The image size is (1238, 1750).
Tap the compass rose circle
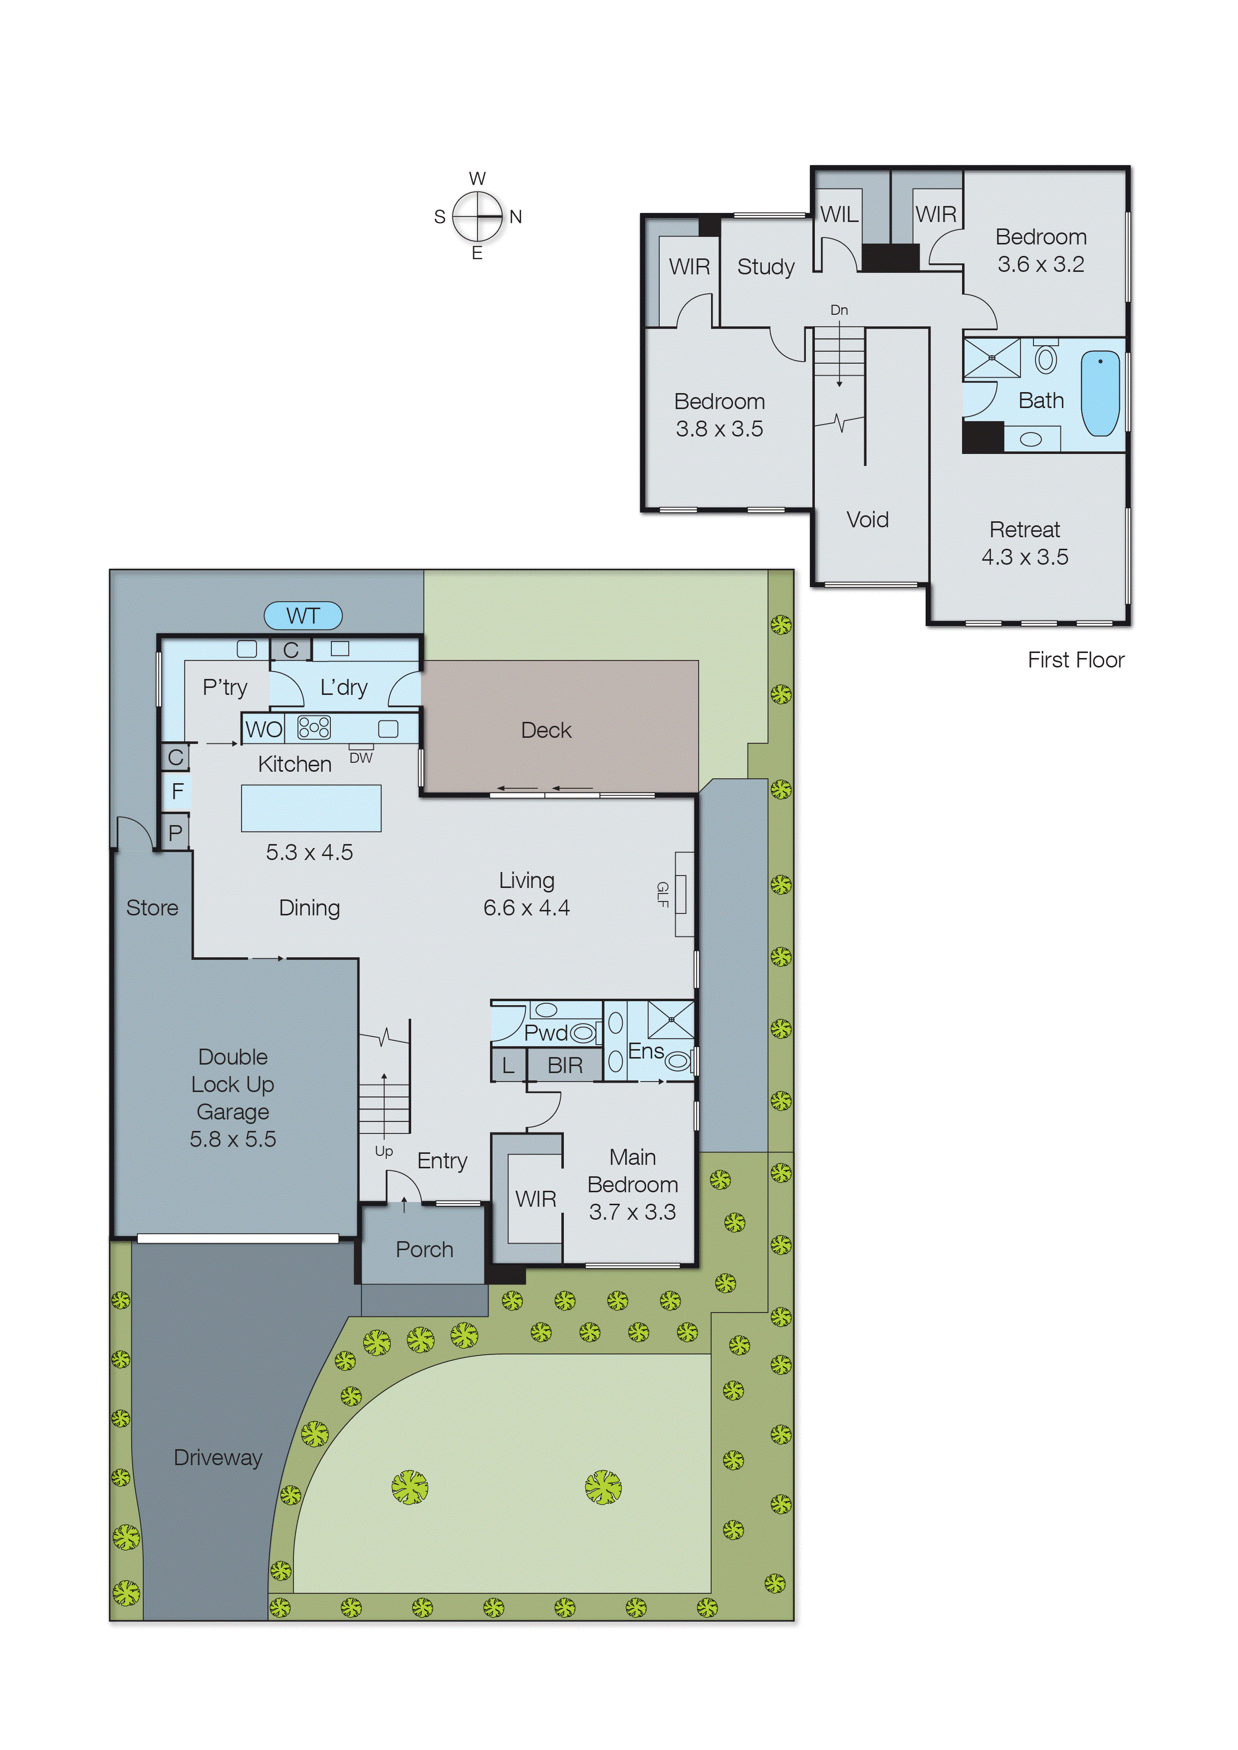(477, 217)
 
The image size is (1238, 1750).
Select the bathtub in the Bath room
(1100, 393)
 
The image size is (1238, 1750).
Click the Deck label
(546, 730)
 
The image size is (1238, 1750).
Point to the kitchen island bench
(311, 808)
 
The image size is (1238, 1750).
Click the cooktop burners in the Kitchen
(314, 728)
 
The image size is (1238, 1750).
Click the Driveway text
(218, 1457)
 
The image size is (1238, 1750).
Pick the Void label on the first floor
(868, 520)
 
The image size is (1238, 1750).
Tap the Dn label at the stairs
(838, 310)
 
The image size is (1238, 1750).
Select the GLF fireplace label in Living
(663, 894)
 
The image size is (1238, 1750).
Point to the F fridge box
(177, 792)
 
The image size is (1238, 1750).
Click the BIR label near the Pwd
(565, 1066)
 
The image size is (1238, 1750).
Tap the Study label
(765, 267)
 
